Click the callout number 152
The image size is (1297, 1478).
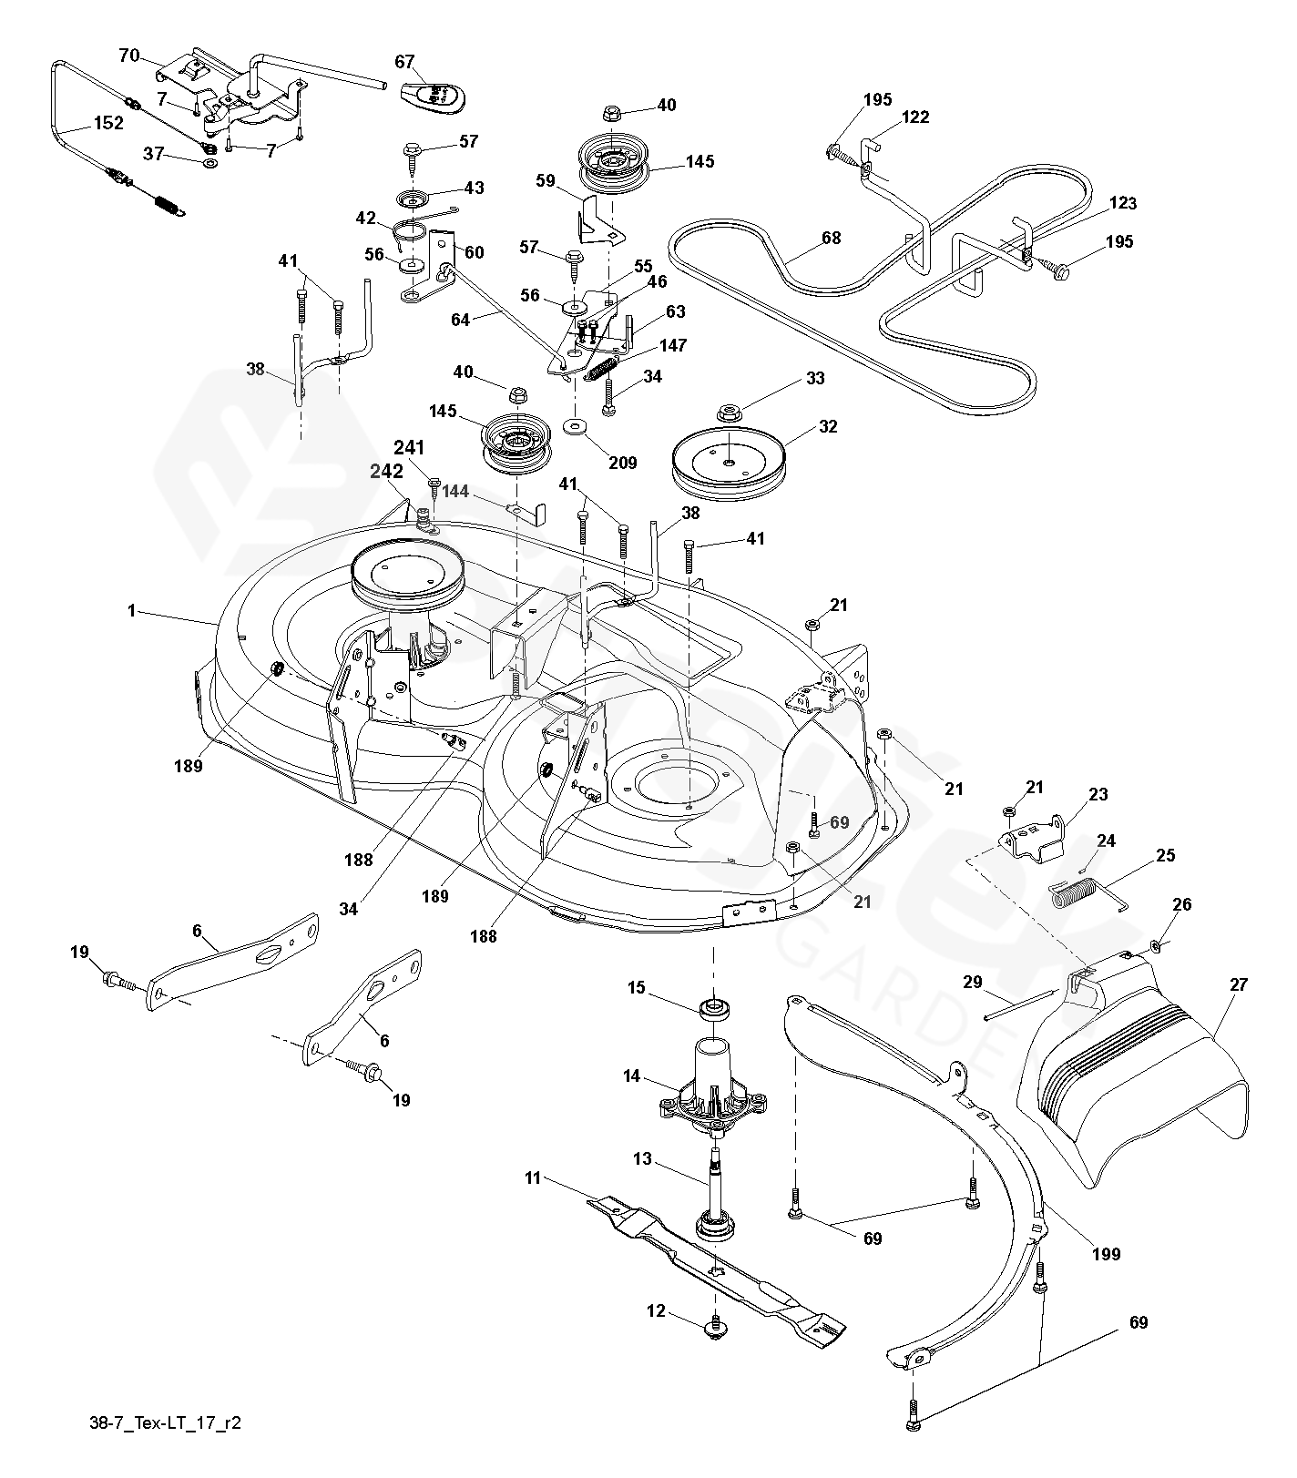[107, 123]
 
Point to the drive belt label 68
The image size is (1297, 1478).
[831, 239]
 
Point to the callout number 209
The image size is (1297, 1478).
[623, 463]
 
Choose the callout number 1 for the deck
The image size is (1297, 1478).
[131, 611]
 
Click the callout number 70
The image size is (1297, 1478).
[129, 56]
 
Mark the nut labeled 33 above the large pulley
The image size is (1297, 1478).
[728, 412]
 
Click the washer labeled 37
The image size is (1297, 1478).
[209, 163]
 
